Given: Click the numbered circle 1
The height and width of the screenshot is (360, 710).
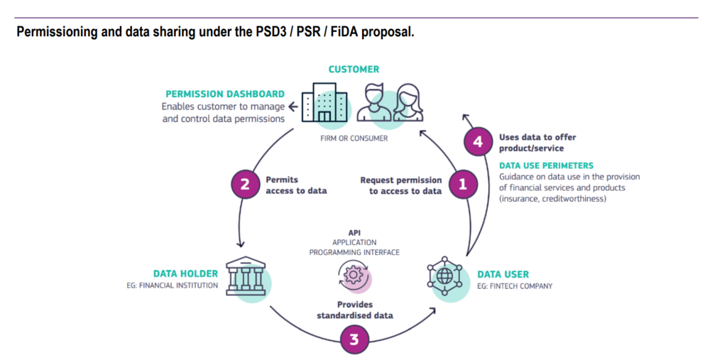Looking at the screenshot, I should click(462, 185).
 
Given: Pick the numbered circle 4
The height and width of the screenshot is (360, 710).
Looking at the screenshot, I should click(478, 142).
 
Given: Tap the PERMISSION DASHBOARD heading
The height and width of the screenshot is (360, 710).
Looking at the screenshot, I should click(225, 94).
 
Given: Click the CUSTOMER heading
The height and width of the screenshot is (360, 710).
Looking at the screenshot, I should click(354, 70).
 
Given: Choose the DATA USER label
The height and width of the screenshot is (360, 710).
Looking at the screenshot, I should click(503, 274).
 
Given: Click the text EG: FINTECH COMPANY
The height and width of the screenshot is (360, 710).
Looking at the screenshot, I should click(515, 286).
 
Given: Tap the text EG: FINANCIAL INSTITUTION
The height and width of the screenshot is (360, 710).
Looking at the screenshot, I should click(170, 286).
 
